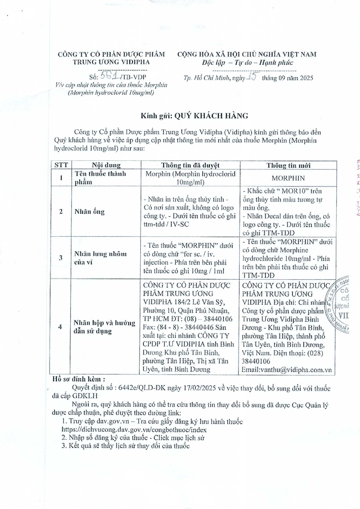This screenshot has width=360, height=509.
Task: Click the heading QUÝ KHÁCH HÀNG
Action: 210,116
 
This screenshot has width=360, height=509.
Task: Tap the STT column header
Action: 61,165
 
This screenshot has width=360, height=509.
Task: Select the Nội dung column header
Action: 106,165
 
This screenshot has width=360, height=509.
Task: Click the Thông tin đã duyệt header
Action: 190,165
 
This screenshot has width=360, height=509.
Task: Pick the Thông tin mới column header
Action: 288,165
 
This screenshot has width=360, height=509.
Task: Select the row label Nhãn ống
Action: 90,211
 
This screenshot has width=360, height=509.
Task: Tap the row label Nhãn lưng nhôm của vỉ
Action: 100,258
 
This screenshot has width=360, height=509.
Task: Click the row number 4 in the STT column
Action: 60,327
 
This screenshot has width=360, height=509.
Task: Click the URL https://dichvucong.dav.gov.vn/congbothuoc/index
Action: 134,430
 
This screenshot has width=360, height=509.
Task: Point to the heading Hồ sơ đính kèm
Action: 78,379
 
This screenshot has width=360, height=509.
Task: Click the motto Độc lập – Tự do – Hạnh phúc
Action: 247,63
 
